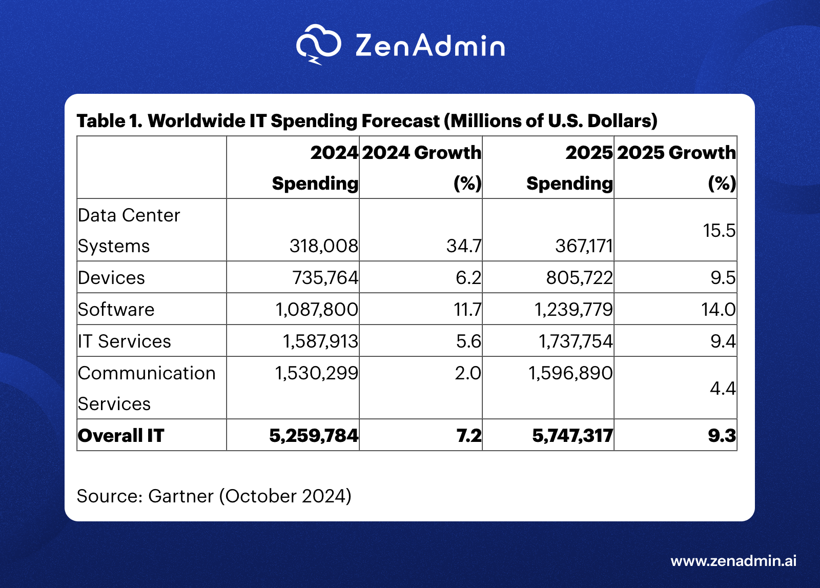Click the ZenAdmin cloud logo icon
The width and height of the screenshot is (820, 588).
click(x=318, y=44)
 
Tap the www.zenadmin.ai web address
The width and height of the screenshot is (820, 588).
click(x=733, y=561)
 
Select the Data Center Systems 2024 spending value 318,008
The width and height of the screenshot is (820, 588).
click(x=323, y=246)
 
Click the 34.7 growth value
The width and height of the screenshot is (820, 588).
click(x=463, y=246)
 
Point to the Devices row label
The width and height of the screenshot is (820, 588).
click(x=112, y=278)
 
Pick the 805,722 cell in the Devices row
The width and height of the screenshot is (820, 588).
click(x=579, y=278)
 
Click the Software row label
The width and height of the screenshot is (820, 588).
click(x=116, y=310)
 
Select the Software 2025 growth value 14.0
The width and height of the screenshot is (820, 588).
click(x=718, y=310)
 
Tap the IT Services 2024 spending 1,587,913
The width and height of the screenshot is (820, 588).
click(x=320, y=341)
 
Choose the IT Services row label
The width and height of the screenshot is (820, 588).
click(x=125, y=341)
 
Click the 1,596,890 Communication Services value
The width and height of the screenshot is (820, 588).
click(x=570, y=373)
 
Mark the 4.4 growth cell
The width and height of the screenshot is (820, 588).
click(x=722, y=389)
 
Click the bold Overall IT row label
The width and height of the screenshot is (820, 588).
click(x=121, y=436)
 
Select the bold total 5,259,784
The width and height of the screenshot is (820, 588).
click(x=314, y=436)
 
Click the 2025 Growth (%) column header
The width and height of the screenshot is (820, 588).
click(x=676, y=167)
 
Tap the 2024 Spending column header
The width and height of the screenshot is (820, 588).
click(x=315, y=167)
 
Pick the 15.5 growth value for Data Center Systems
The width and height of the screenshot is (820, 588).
click(x=719, y=231)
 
